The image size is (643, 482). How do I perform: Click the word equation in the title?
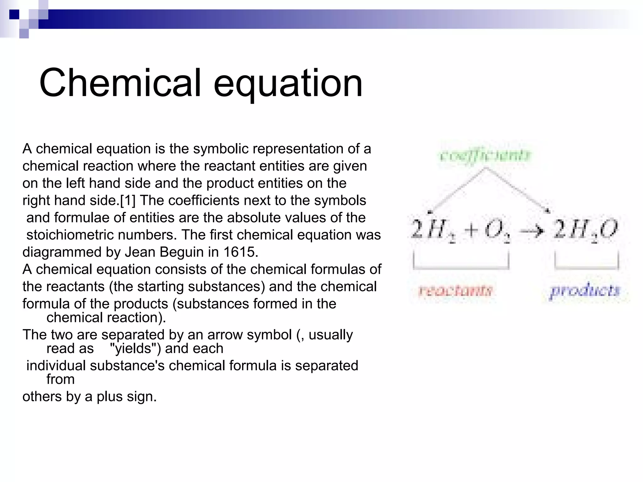(x=288, y=84)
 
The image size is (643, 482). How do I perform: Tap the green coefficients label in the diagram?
(x=485, y=155)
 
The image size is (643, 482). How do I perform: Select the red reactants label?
(x=455, y=291)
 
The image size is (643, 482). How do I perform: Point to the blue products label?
(x=585, y=291)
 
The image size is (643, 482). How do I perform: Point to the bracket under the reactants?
(x=461, y=268)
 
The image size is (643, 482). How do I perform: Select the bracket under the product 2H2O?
(x=586, y=268)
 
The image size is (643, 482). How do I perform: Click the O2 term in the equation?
(x=497, y=231)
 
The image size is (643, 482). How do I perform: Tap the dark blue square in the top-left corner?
(x=14, y=14)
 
